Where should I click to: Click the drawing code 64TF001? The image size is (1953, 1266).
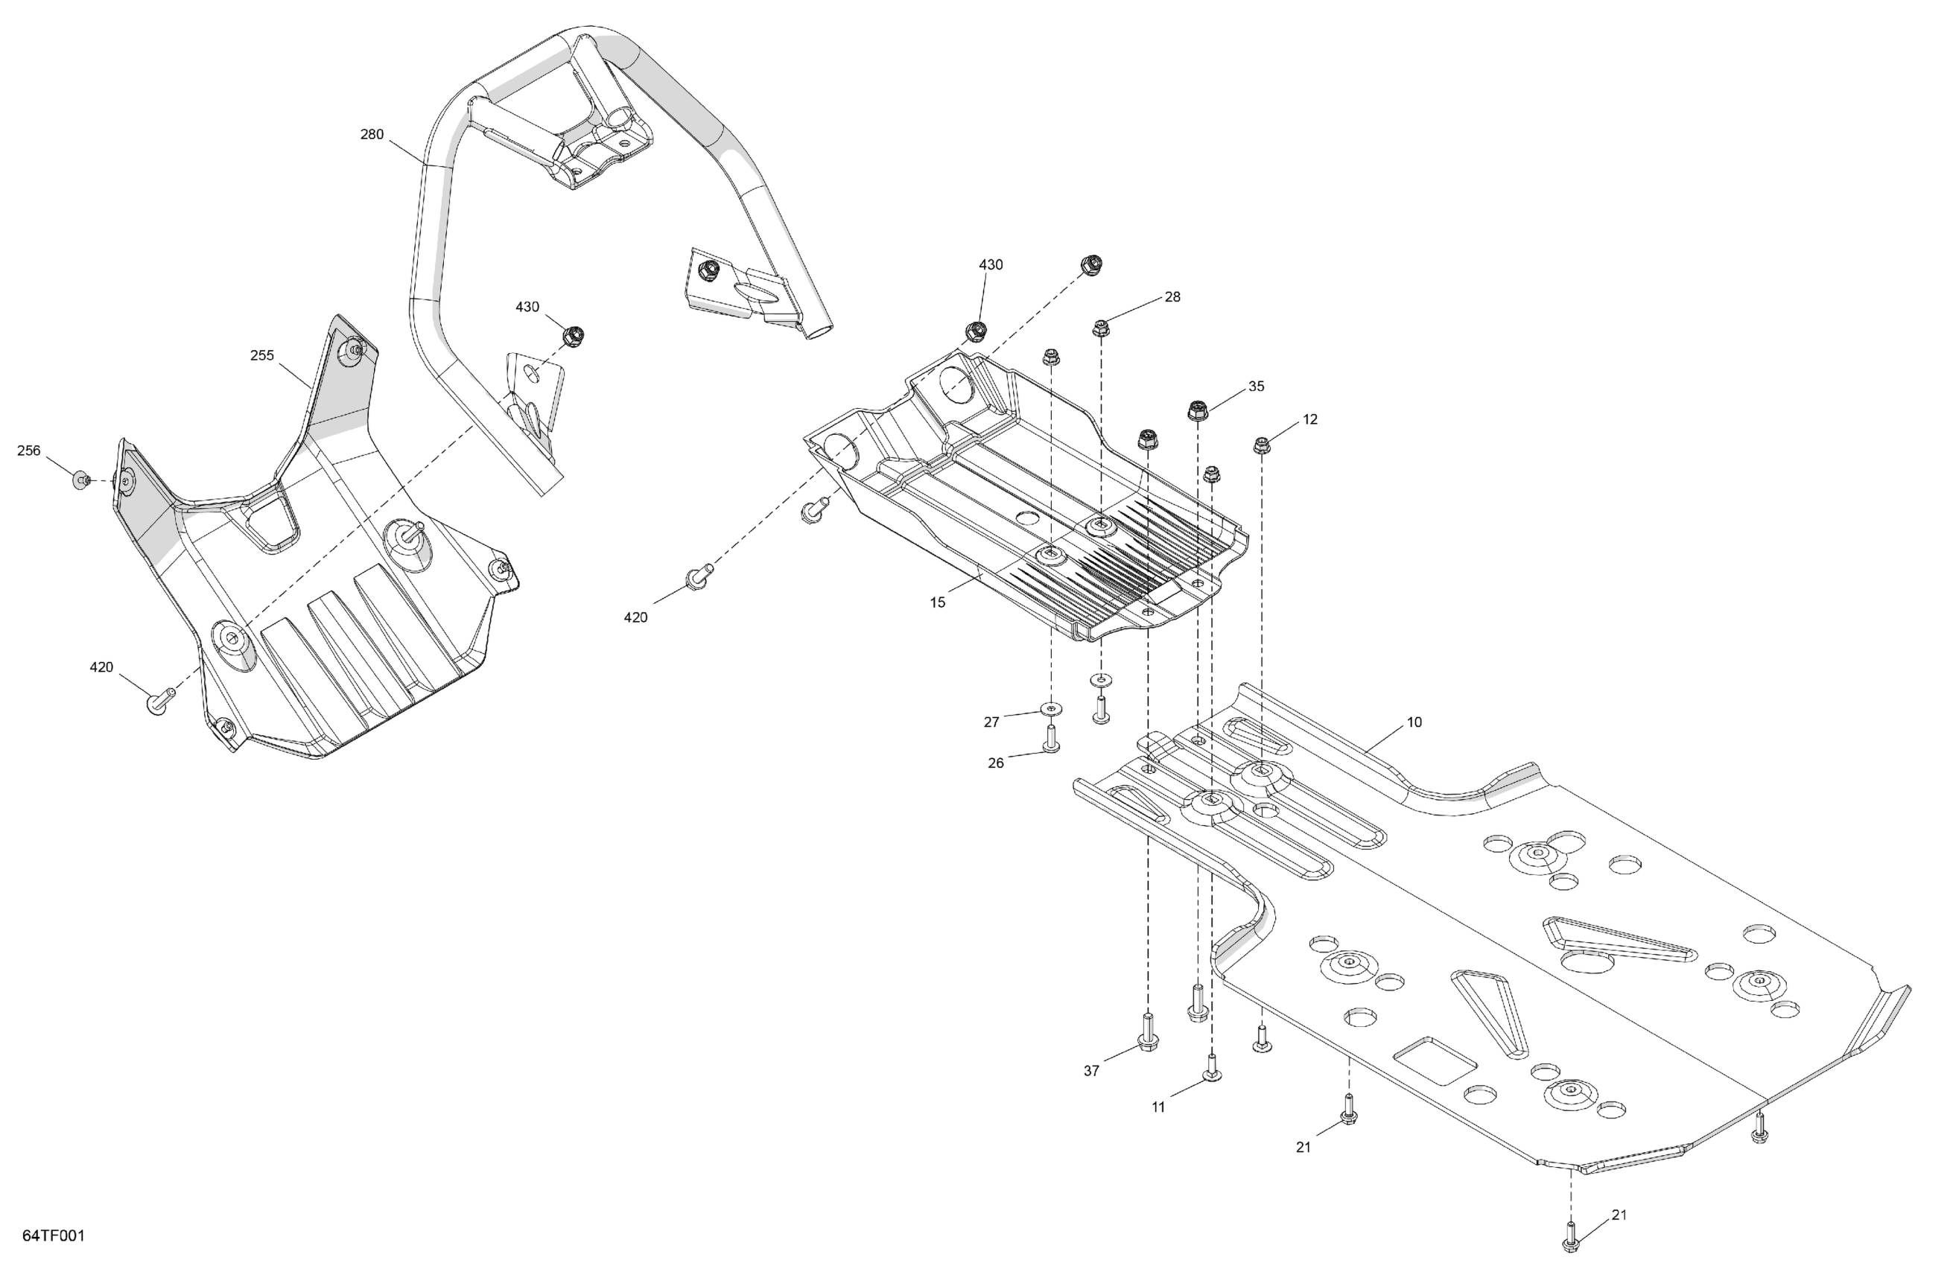pos(54,1235)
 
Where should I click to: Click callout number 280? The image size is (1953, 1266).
pos(372,135)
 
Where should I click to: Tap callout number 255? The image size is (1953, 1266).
pos(261,355)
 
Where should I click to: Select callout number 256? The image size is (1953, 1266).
pos(29,451)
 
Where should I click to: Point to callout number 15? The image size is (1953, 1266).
pos(937,602)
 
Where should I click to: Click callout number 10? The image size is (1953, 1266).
pos(1414,722)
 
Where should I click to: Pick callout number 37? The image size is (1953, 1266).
pos(1090,1071)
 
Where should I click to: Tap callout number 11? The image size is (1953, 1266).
pos(1157,1107)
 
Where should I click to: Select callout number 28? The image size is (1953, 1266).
pos(1172,297)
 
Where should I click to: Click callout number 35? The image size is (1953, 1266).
pos(1257,387)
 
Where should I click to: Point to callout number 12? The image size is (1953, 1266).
pos(1309,419)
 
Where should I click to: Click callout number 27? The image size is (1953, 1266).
pos(991,722)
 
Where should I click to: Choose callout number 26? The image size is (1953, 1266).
pos(995,763)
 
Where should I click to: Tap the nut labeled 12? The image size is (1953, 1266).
pos(1261,446)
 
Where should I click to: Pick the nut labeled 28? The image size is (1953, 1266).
pos(1100,329)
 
